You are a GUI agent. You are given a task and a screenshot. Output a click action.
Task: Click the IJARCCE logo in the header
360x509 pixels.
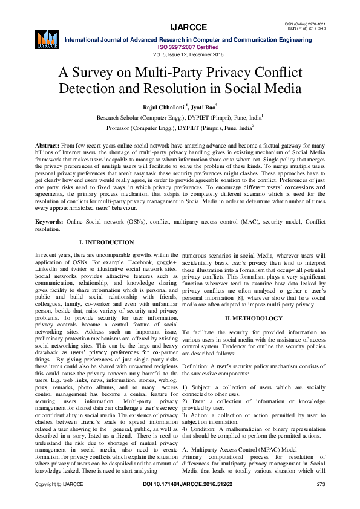[x=47, y=38]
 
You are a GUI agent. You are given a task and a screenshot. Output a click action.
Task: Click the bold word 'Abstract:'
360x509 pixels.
[x=47, y=147]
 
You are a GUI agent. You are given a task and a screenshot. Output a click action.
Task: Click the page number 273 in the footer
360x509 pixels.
[x=321, y=502]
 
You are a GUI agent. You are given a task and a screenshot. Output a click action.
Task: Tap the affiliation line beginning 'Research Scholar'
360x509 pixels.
[x=180, y=118]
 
